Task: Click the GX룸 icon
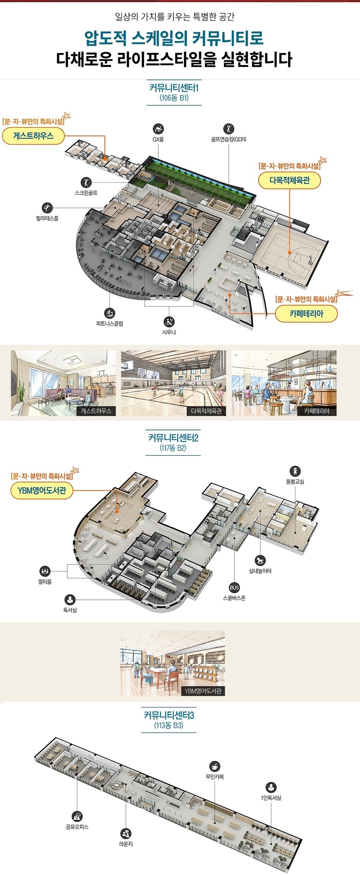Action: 158,129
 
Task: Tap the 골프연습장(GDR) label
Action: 229,139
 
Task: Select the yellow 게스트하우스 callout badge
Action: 33,136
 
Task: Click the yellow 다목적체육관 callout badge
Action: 290,180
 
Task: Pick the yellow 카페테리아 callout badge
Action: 306,314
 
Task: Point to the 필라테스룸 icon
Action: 47,208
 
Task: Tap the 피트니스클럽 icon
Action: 110,313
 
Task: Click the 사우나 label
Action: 169,332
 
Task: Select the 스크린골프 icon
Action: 86,182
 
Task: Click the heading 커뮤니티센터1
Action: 174,87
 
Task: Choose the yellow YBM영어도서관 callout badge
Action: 42,491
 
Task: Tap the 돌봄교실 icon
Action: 295,471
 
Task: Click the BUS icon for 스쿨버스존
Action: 234,588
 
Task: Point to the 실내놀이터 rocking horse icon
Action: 260,560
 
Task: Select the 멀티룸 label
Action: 45,582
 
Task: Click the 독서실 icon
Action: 70,600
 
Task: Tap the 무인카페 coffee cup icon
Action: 215,766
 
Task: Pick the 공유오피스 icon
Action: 77,816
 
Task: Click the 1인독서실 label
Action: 271,798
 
